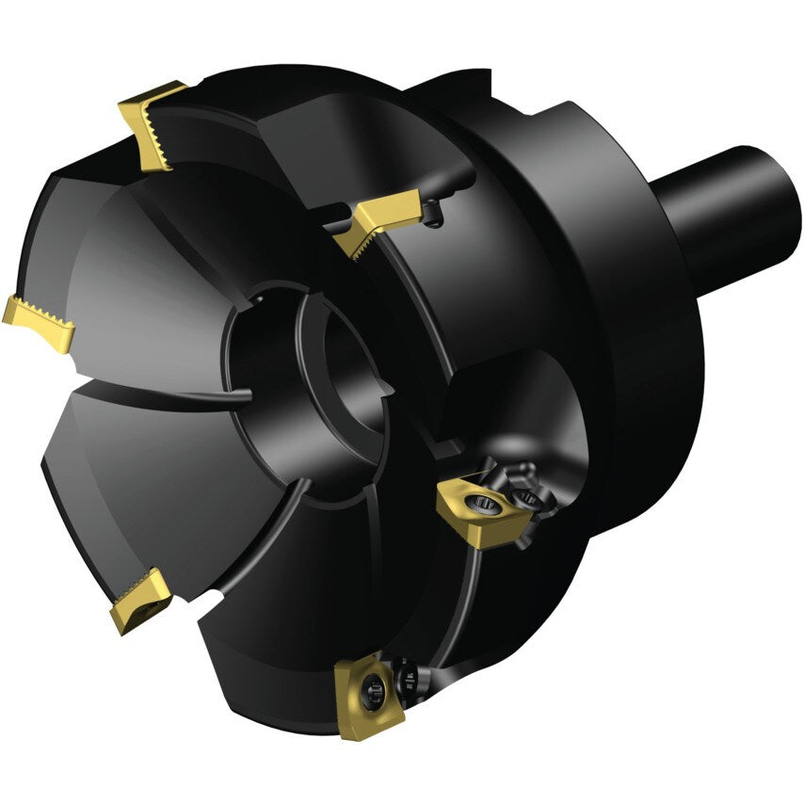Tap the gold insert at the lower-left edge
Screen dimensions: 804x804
[139, 601]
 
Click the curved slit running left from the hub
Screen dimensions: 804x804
[188, 391]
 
